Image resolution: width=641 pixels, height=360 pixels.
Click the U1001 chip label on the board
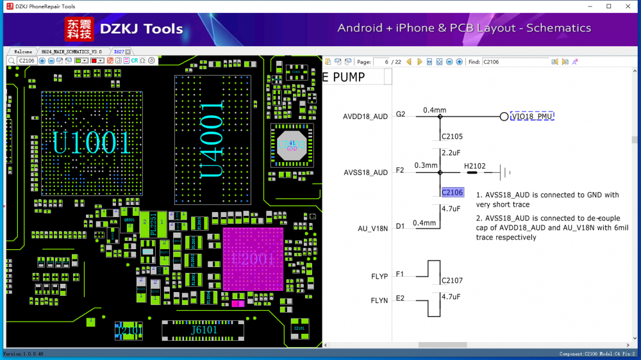92,143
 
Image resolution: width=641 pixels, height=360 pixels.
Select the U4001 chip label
215,138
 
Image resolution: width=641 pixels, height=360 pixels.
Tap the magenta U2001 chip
253,259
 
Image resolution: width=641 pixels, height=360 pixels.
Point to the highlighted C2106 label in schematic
452,192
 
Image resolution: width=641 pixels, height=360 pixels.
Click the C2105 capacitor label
452,136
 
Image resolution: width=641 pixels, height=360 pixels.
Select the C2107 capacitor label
452,281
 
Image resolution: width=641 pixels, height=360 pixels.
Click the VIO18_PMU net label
532,117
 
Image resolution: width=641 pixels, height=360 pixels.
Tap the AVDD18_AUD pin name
365,117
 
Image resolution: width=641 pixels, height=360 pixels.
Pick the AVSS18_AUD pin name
365,172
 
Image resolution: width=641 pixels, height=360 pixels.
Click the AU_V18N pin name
372,228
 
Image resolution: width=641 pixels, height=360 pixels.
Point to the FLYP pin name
379,277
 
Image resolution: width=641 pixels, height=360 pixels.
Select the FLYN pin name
379,300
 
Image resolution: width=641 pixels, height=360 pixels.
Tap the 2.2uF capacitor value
452,153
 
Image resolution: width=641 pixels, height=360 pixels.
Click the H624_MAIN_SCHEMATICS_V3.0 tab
71,51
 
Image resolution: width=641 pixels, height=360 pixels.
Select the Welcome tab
22,51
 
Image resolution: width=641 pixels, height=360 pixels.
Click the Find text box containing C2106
514,62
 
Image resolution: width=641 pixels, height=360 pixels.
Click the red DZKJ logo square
79,29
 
